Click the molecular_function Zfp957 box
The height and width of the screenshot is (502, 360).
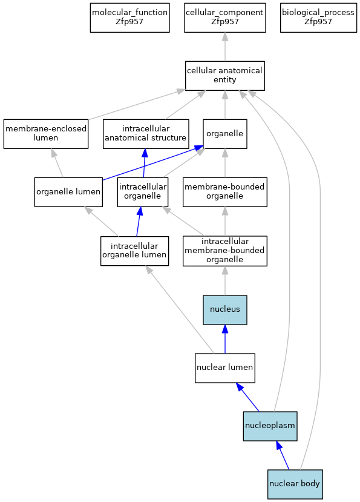tap(129, 18)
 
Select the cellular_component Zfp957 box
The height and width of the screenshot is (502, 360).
tap(224, 18)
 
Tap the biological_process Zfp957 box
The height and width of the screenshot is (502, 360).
tap(318, 18)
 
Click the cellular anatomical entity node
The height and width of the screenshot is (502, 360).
tap(224, 76)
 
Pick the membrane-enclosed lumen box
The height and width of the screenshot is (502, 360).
tap(46, 134)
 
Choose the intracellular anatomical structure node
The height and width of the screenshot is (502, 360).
tap(146, 134)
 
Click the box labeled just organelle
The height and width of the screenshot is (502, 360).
tap(224, 134)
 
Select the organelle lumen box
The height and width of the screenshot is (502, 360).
tap(68, 192)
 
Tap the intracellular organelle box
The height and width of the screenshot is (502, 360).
tap(142, 192)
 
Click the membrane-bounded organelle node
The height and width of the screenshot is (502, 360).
tap(224, 192)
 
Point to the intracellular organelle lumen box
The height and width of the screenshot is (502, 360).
tap(134, 251)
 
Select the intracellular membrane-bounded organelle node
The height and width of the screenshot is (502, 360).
tap(224, 251)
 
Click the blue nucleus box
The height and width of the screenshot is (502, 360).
tap(224, 310)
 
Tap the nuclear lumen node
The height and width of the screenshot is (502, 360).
tap(224, 368)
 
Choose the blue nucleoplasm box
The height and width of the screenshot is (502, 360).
tap(270, 426)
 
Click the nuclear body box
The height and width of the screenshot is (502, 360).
tap(295, 484)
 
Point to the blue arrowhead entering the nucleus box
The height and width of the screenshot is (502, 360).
tap(225, 329)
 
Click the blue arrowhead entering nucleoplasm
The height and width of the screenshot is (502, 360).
tap(279, 444)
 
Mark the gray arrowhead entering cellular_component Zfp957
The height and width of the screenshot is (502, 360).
tap(225, 36)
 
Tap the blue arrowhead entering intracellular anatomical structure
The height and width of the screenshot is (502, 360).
tap(145, 153)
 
